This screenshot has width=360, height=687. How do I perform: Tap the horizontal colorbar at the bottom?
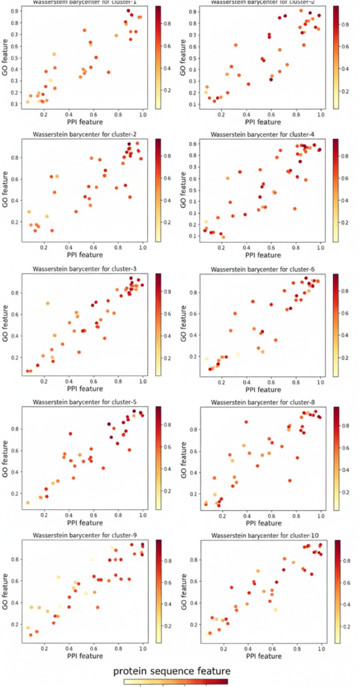tap(175, 681)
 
